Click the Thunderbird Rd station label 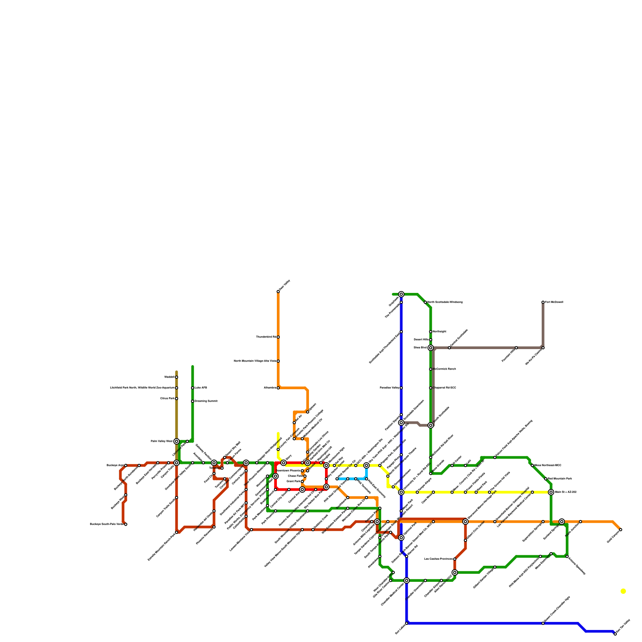pyautogui.click(x=266, y=337)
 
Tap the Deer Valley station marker pyautogui.click(x=278, y=291)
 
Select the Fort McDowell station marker pyautogui.click(x=543, y=302)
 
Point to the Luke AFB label pyautogui.click(x=201, y=388)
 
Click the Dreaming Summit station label pyautogui.click(x=206, y=401)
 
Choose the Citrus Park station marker pyautogui.click(x=177, y=398)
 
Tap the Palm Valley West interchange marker pyautogui.click(x=177, y=441)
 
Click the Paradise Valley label pyautogui.click(x=389, y=388)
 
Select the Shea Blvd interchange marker pyautogui.click(x=431, y=348)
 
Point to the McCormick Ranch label pyautogui.click(x=444, y=369)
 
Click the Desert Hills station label pyautogui.click(x=421, y=340)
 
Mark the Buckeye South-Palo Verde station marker pyautogui.click(x=126, y=524)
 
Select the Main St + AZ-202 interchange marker pyautogui.click(x=551, y=492)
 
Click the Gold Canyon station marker pyautogui.click(x=621, y=530)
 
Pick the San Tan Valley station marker pyautogui.click(x=615, y=634)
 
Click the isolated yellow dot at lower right pyautogui.click(x=623, y=591)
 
